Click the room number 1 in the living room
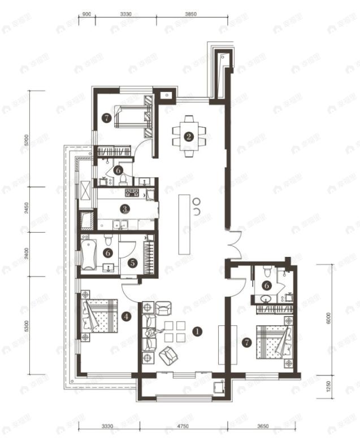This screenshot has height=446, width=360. click(197, 331)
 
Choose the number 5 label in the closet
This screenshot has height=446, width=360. click(131, 263)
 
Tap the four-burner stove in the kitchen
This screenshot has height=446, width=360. click(132, 193)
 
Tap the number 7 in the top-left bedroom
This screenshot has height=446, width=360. click(106, 118)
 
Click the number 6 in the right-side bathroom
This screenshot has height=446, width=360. click(266, 286)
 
